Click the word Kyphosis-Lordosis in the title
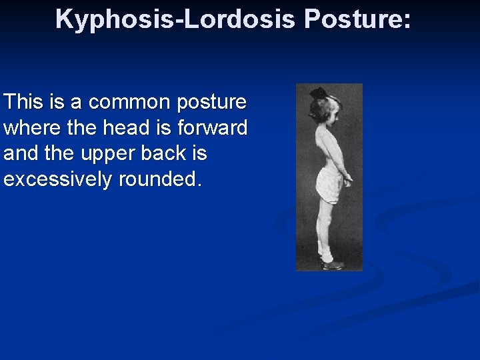[175, 19]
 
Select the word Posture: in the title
[357, 19]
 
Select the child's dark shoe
[331, 265]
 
